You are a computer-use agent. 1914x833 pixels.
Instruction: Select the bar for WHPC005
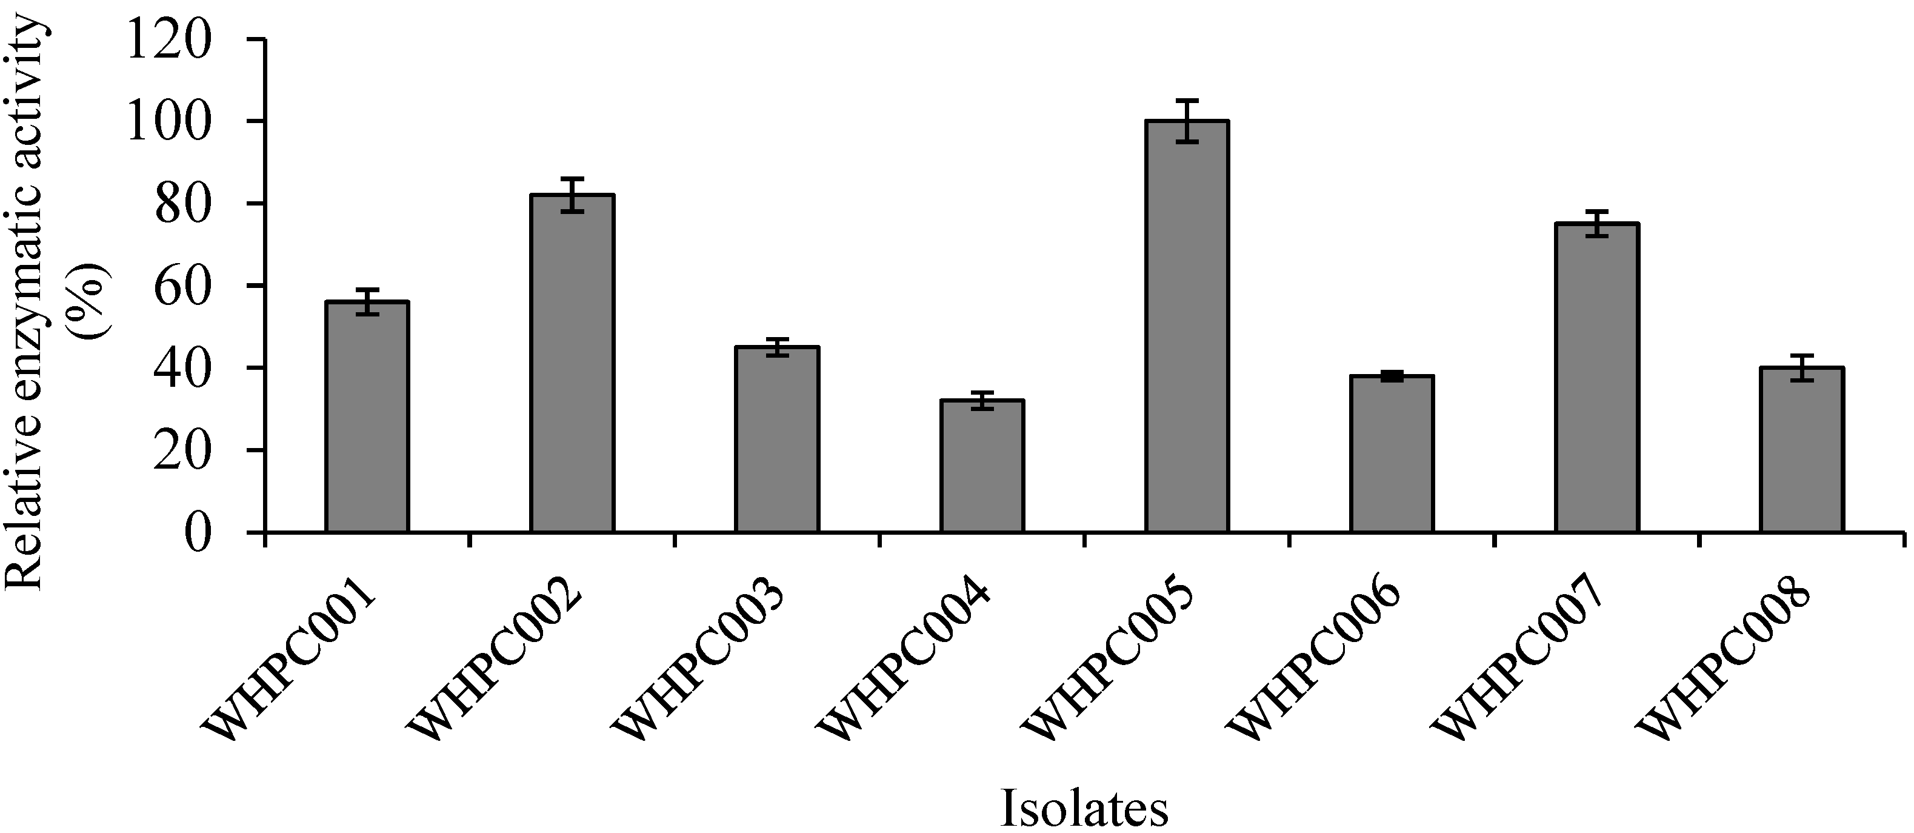(x=1187, y=327)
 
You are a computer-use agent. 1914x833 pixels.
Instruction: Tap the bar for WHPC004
(x=981, y=466)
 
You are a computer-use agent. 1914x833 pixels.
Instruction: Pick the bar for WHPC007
(x=1597, y=378)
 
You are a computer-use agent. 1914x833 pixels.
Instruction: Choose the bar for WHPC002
(x=572, y=363)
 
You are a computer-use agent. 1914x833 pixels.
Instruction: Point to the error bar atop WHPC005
(x=1187, y=121)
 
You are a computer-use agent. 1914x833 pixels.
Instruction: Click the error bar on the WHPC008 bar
(x=1802, y=368)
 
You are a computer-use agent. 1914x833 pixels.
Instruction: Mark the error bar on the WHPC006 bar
(x=1392, y=376)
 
